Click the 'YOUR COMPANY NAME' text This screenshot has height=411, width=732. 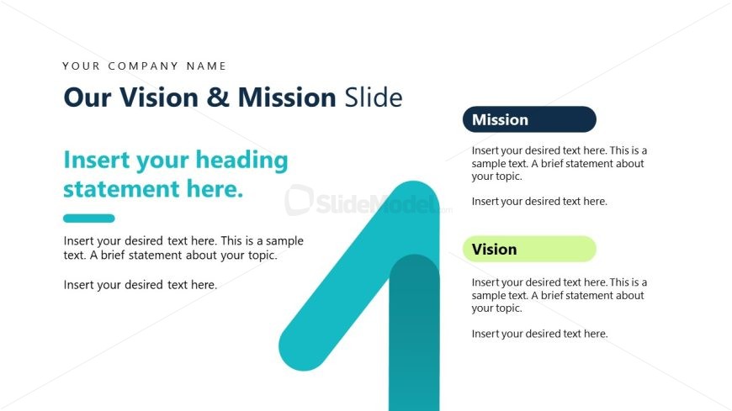tap(144, 66)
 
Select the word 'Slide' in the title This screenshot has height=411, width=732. tap(373, 97)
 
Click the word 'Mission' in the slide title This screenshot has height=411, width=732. tap(286, 97)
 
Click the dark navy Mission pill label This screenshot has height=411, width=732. tap(529, 119)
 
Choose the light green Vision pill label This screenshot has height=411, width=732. tap(529, 249)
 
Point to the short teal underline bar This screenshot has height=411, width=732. tap(88, 219)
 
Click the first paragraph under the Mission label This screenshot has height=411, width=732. tap(559, 163)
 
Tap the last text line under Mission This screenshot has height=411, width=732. tap(539, 202)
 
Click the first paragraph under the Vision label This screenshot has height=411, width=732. tap(559, 295)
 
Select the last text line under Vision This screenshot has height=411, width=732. tap(539, 334)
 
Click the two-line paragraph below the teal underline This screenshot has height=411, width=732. tap(183, 248)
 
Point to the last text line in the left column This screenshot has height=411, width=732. tap(141, 285)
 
